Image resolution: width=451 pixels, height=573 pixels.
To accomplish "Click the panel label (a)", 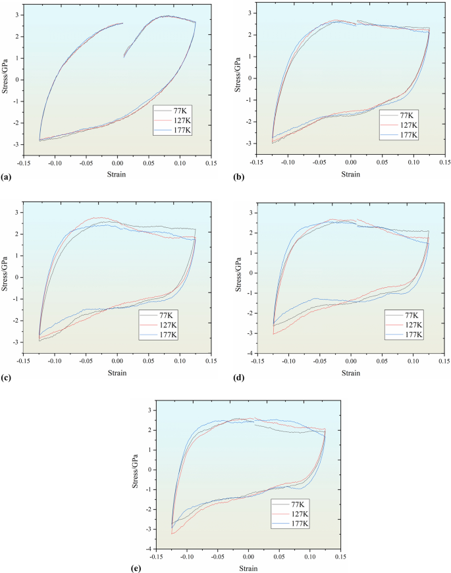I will [x=6, y=178].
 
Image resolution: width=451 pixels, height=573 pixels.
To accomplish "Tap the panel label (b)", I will [x=232, y=178].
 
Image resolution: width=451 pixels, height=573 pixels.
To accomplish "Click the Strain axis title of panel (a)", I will [x=117, y=175].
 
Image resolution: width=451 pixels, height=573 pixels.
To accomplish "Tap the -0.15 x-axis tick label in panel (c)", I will [x=23, y=362].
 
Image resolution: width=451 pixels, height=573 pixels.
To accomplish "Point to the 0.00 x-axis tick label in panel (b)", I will [x=350, y=163].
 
